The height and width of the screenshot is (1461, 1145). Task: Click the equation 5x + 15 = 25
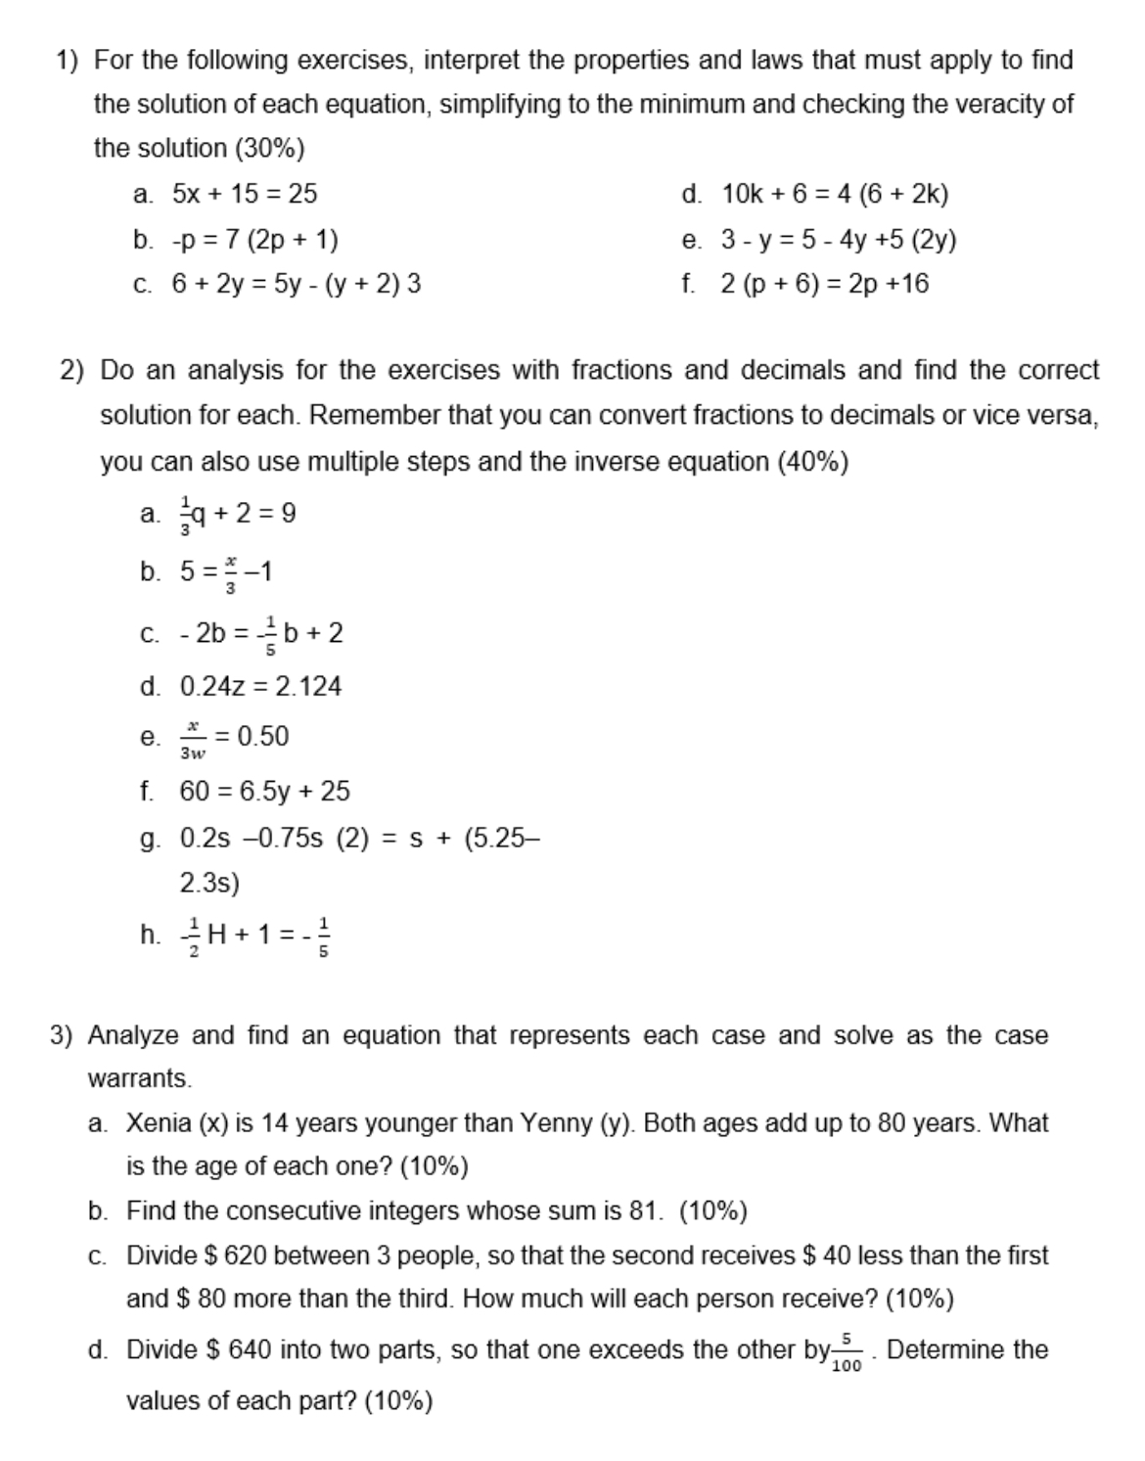(245, 194)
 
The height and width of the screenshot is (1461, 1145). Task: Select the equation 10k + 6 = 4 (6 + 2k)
(835, 194)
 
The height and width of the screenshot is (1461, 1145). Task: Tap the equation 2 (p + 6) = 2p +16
(824, 284)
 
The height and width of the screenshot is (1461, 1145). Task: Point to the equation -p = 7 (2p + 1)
(255, 240)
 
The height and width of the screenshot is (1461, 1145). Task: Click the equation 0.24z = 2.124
(260, 686)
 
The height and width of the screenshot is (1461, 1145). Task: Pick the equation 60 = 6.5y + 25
(264, 791)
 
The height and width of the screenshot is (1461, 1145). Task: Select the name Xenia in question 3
(159, 1122)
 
